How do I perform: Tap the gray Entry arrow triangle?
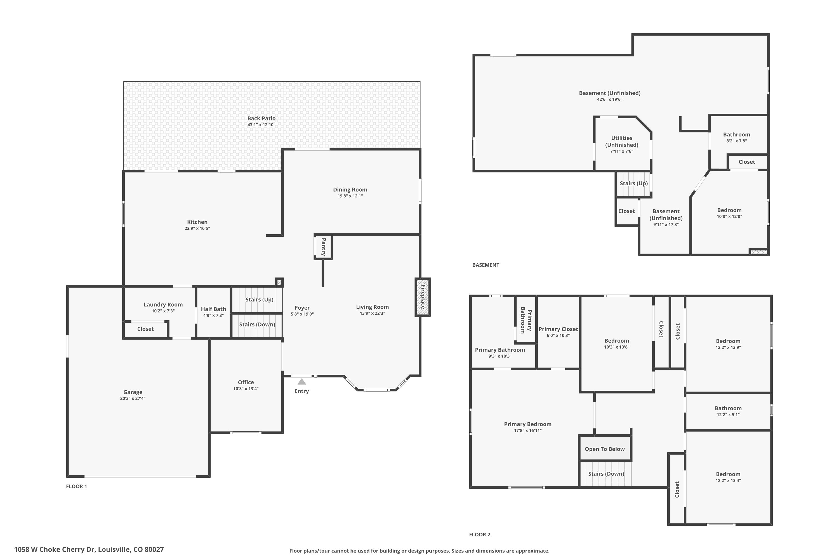[301, 382]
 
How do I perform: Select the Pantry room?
[323, 247]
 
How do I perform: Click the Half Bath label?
[213, 309]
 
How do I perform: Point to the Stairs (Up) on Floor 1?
[259, 299]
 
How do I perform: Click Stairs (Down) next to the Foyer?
[257, 324]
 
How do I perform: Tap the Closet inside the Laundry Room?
[145, 329]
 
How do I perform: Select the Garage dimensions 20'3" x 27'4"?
[133, 398]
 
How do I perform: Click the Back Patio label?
[261, 118]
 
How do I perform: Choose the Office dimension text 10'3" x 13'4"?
[246, 389]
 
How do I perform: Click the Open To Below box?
[604, 449]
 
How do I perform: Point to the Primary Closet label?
[558, 329]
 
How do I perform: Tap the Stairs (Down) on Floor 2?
[606, 473]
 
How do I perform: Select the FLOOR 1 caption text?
[76, 486]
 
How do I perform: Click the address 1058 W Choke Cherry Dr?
[89, 549]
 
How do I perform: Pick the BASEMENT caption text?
[486, 265]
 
